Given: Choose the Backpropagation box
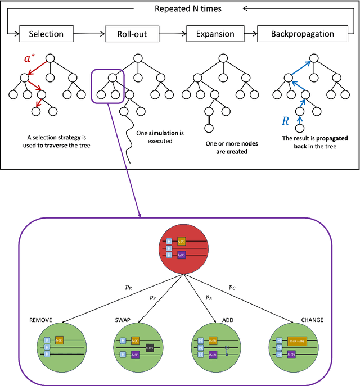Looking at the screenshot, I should [x=303, y=34].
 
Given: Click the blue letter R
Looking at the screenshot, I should [x=286, y=120].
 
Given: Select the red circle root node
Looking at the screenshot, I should [x=180, y=245].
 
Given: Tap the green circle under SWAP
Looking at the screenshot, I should [x=139, y=348].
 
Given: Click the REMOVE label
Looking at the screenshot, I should [x=40, y=320].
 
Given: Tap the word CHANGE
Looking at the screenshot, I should [x=312, y=320].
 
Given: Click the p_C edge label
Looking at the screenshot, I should [x=232, y=287].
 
